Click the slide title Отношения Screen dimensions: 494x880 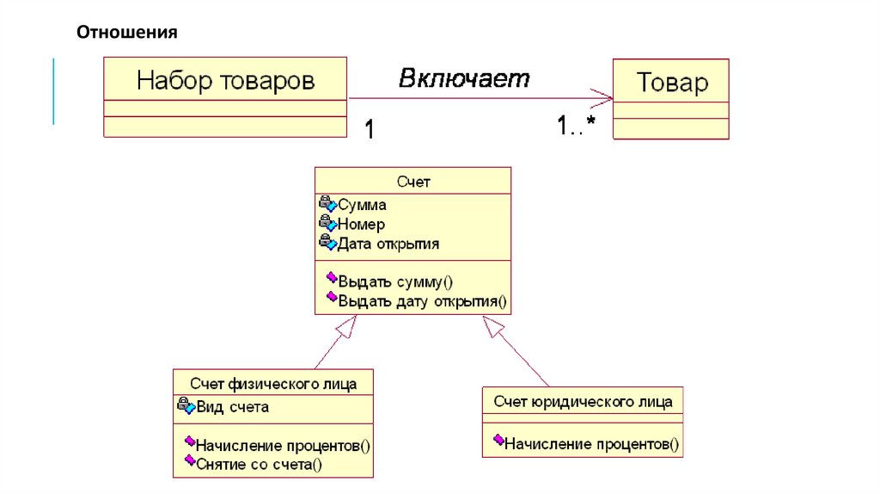point(126,33)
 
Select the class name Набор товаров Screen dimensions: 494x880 point(225,81)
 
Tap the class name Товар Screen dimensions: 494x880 point(671,83)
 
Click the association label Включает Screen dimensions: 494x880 point(464,78)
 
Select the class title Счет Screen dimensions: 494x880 point(412,182)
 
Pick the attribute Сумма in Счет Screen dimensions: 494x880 point(362,206)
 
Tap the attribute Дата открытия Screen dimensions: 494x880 point(388,244)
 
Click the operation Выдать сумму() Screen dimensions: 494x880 point(395,281)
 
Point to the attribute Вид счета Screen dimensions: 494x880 point(232,407)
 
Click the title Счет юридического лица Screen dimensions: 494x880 point(582,401)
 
